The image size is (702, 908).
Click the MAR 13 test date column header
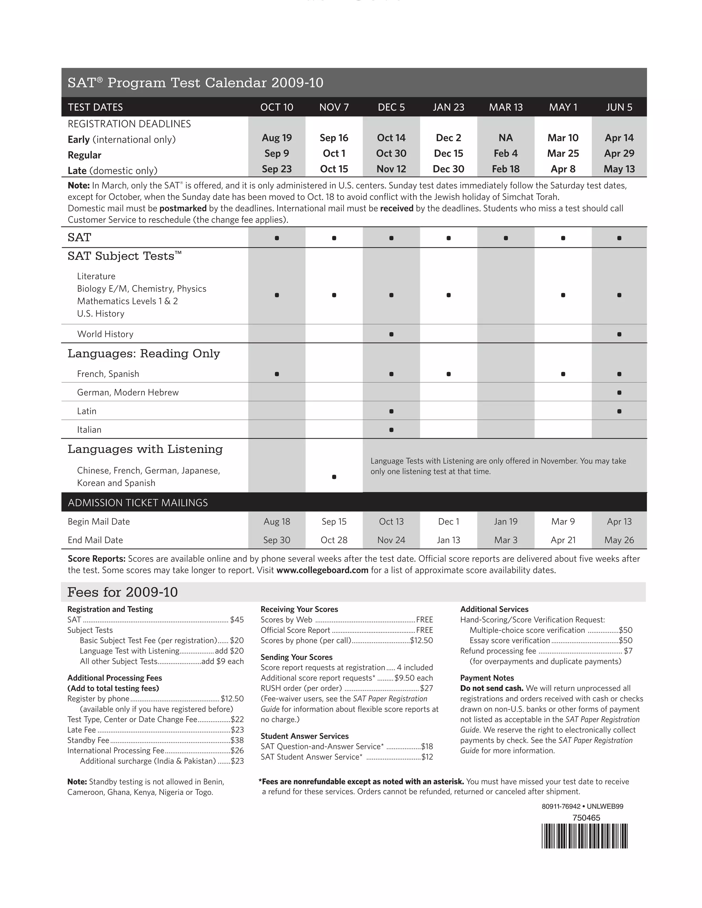[505, 107]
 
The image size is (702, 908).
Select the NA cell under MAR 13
[505, 138]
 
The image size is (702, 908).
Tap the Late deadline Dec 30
[448, 169]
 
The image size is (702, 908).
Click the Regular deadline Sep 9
[277, 154]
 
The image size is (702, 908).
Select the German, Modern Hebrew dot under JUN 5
[619, 392]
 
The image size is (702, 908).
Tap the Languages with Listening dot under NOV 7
[334, 477]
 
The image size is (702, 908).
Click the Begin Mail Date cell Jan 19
[505, 522]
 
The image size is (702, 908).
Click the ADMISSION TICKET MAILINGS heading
[138, 503]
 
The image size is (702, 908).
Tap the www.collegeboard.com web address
[322, 570]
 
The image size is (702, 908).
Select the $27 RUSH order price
[426, 688]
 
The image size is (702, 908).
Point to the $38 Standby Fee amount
[237, 740]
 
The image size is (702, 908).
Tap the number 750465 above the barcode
[586, 817]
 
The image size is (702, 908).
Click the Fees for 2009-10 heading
[122, 592]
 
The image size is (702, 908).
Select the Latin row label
[86, 411]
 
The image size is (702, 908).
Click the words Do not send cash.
[491, 688]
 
